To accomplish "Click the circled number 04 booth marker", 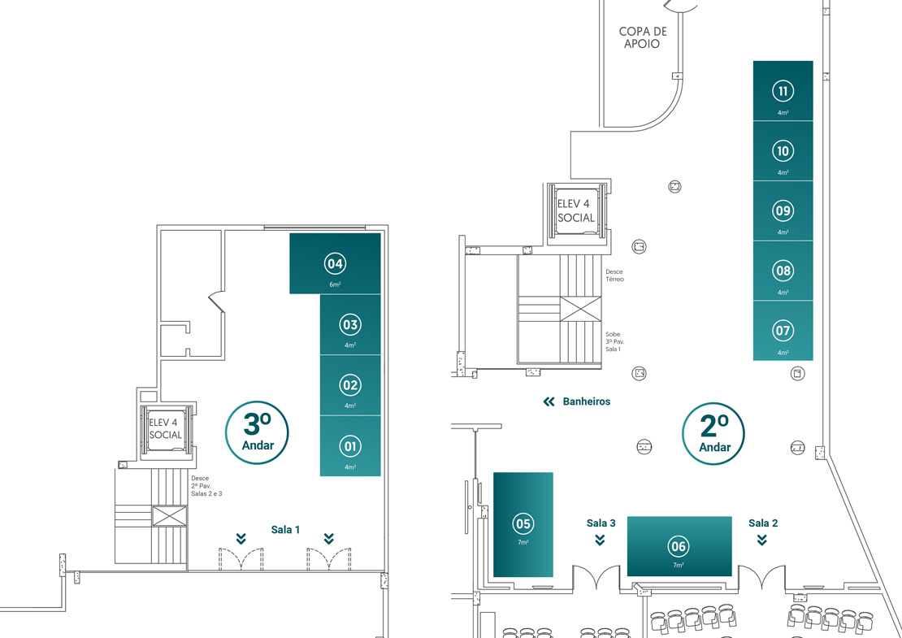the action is coord(335,263).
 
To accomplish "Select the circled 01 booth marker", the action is coord(349,446).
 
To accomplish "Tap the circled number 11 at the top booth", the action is coord(783,91).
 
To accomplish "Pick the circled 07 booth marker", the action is coord(783,330).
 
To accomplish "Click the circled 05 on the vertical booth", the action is coord(523,523).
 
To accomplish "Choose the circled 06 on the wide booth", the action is coord(679,546).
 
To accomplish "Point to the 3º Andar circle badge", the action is coord(257,432).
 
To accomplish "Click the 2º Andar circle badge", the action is coord(713,434).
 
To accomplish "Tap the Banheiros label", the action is coord(586,401).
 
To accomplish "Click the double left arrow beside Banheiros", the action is coord(549,401).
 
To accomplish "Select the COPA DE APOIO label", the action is coord(643,37).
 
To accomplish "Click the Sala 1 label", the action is coord(285,529).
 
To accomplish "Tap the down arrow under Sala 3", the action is coord(600,540).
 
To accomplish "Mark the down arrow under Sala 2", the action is coord(762,540).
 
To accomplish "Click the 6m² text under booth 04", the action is coord(335,284).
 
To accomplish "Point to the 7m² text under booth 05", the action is coord(523,542).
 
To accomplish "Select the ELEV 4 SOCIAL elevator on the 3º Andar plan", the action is coord(167,429).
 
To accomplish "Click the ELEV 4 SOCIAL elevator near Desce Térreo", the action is coord(576,211).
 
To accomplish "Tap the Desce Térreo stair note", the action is coord(614,276).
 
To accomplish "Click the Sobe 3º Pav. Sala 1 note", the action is coord(614,341).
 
